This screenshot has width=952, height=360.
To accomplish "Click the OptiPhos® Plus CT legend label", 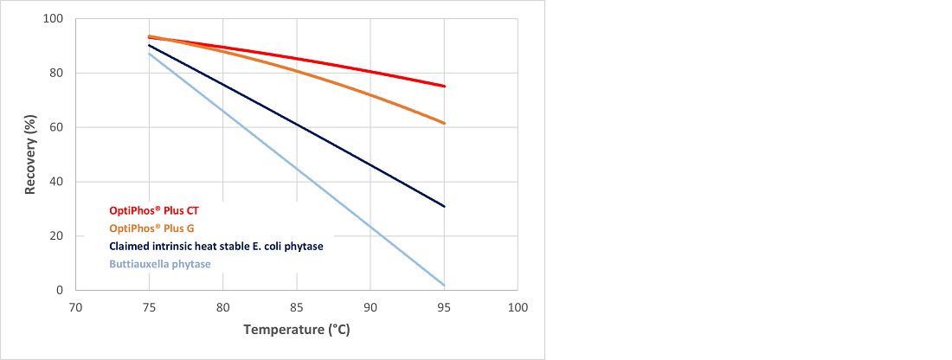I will click(154, 210).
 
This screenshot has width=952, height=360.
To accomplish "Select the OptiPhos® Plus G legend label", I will click(152, 228).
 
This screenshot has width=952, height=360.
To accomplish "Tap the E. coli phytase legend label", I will click(215, 247).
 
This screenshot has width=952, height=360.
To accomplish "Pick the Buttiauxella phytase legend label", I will click(159, 264).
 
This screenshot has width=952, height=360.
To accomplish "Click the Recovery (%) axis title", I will click(30, 154).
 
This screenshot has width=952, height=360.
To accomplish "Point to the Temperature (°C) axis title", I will click(297, 330).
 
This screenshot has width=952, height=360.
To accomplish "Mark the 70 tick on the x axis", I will click(75, 306).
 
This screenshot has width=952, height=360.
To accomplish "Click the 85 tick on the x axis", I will click(297, 306).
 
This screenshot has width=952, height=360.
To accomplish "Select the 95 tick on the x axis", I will click(444, 306).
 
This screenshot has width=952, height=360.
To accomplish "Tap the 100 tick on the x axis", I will click(518, 306).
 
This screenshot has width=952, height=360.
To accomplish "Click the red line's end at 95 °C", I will click(444, 87).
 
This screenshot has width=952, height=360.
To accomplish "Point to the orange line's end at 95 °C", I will click(444, 123).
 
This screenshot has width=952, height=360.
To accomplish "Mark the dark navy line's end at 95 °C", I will click(444, 206).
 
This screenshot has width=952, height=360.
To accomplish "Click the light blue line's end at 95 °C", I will click(444, 285).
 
